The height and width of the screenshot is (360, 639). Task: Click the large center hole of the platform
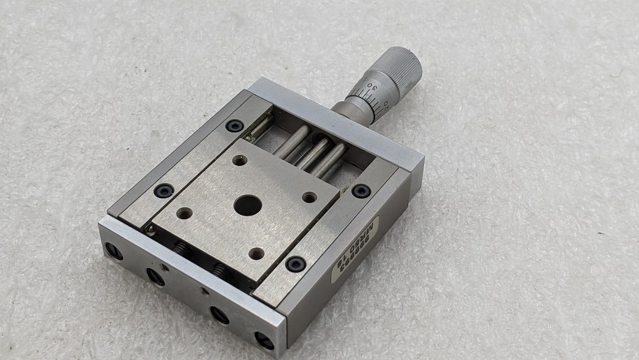coord(247,205)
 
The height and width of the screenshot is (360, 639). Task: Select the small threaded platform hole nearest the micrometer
coord(240,160)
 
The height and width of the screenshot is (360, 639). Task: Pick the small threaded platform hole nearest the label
coord(309,197)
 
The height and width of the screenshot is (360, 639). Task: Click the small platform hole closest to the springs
coord(184,214)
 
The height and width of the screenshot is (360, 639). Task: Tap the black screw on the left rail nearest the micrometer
coord(235,126)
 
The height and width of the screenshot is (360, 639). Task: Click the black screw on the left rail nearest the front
coord(164,191)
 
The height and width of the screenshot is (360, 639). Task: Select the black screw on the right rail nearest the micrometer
coord(361,191)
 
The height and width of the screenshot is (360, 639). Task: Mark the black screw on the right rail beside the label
coord(295,263)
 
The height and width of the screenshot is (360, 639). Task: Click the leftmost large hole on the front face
coord(114,251)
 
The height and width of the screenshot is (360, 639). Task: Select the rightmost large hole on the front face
coord(264,340)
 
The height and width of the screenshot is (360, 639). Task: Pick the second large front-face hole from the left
coord(155,276)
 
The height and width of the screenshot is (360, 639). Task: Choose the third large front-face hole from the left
coord(219,315)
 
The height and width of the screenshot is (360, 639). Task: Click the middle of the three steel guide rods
coord(313,153)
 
